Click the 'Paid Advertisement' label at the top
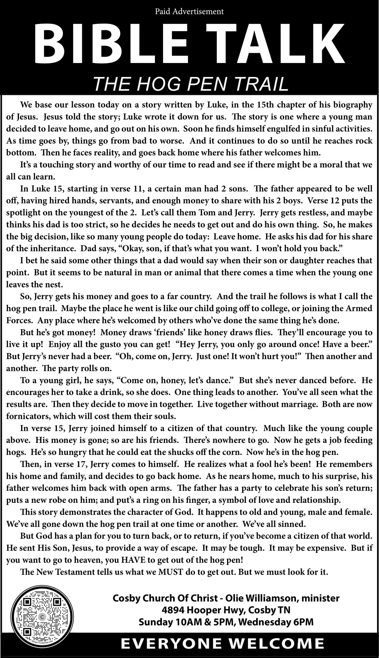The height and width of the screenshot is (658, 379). [x=189, y=12]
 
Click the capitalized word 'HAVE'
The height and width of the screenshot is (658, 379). [x=122, y=560]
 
